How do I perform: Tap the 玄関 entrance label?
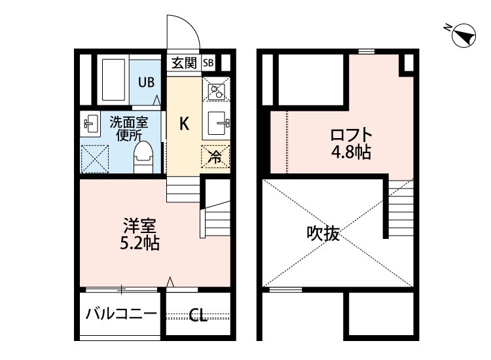click(x=184, y=63)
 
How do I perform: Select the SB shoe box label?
click(x=208, y=63)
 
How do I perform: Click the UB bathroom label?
click(x=147, y=82)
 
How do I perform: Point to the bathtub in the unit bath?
click(x=113, y=79)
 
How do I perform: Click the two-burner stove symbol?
click(x=216, y=89)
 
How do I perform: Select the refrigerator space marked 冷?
click(x=215, y=157)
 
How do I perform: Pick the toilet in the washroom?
click(x=143, y=158)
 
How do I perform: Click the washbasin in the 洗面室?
click(x=90, y=124)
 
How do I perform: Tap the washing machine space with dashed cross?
click(x=95, y=158)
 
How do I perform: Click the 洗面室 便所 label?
click(x=129, y=129)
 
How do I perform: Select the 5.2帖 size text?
click(x=140, y=243)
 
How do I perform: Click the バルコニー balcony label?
click(x=121, y=314)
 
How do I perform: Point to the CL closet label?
click(x=198, y=315)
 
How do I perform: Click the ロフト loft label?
click(x=351, y=135)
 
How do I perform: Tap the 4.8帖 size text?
click(x=352, y=153)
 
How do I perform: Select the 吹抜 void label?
click(x=323, y=233)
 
